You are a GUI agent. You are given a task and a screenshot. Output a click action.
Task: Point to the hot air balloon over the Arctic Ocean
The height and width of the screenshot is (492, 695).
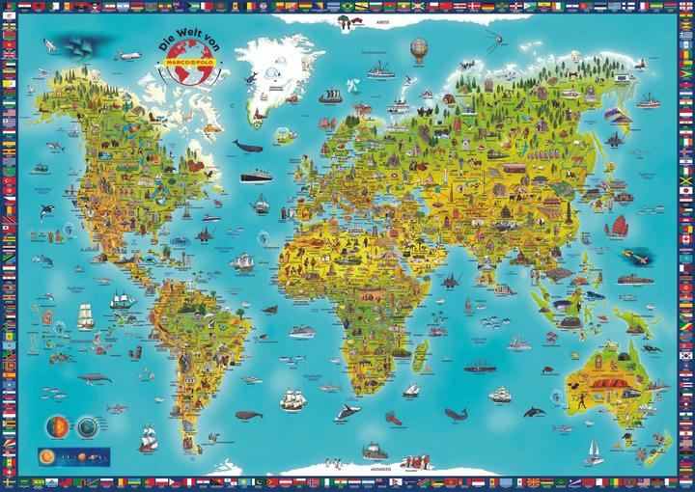(418, 47)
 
